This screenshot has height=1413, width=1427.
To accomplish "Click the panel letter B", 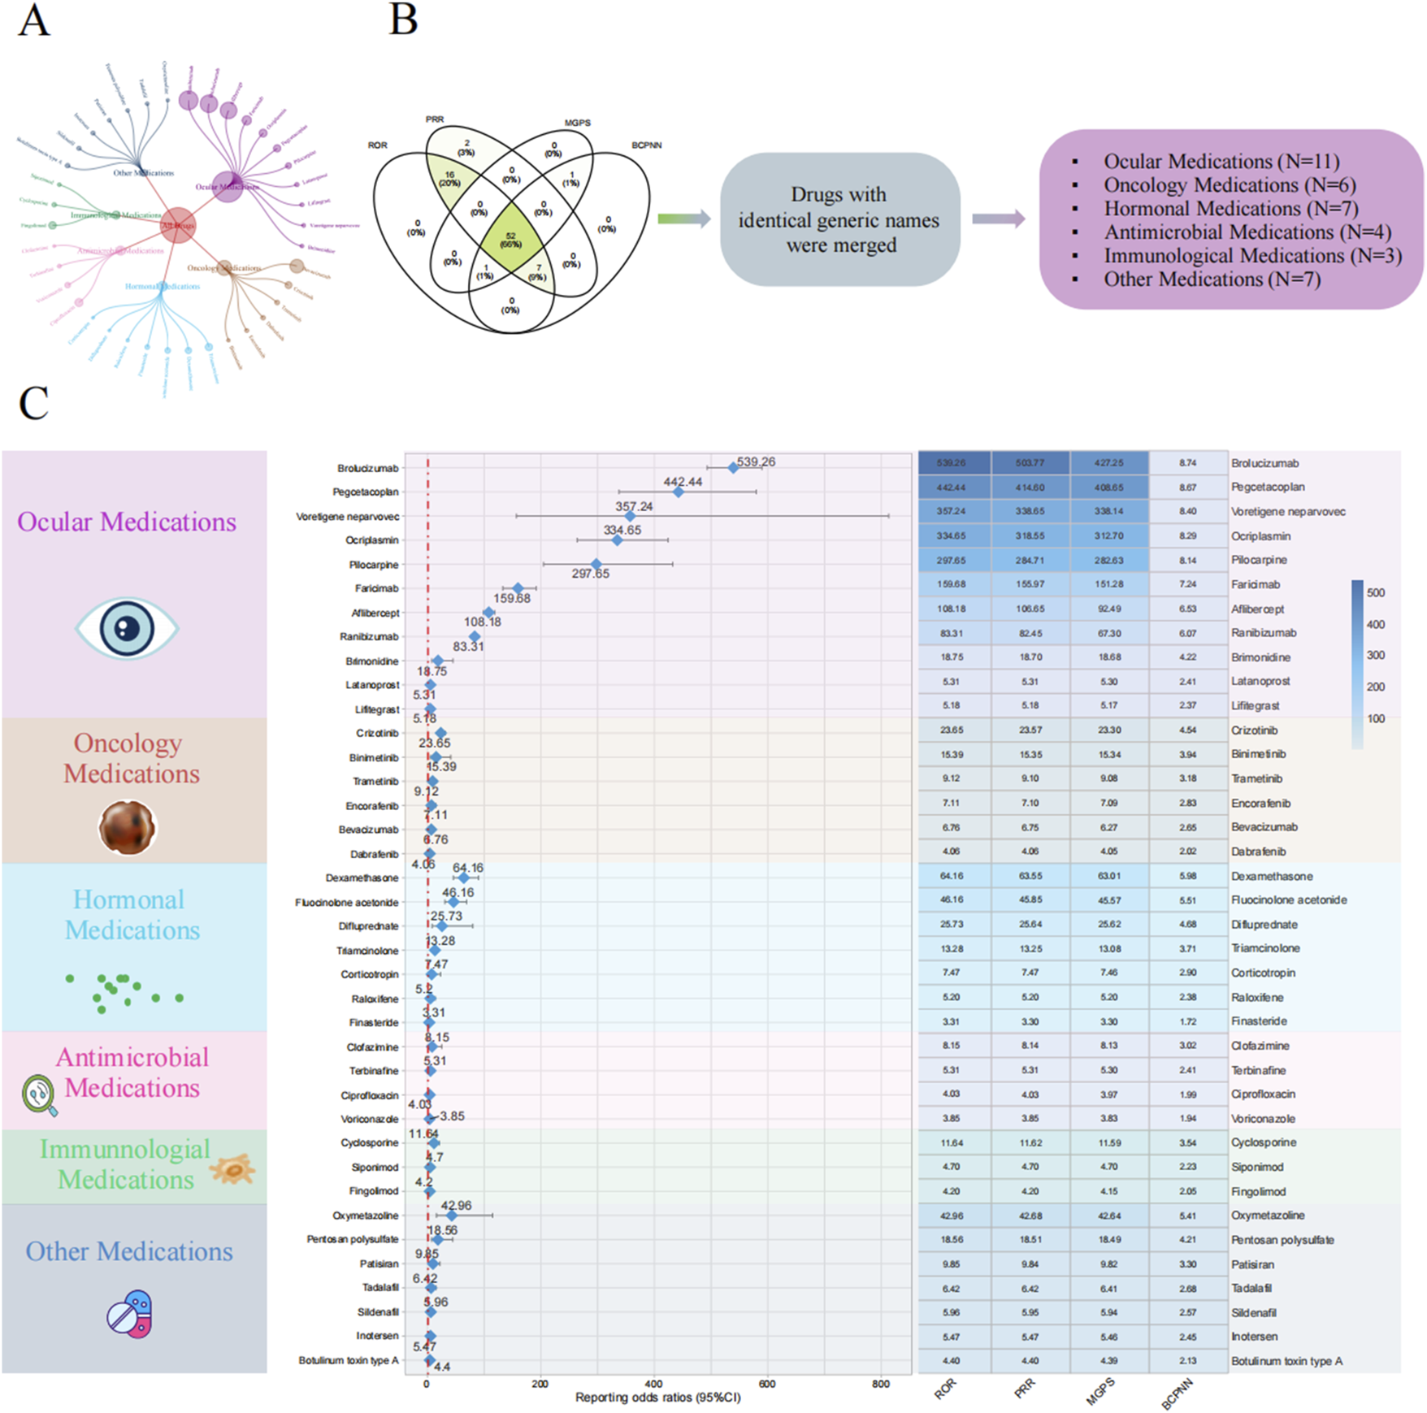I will [x=403, y=19].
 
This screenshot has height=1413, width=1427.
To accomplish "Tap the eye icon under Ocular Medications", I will [x=127, y=628].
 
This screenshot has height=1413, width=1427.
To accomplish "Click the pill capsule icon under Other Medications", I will [x=130, y=1313].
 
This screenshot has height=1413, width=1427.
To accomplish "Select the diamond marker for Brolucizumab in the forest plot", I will [x=733, y=467].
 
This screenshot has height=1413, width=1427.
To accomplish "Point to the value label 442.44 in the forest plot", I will [x=683, y=482].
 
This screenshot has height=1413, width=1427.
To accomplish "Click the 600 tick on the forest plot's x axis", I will [x=766, y=1383].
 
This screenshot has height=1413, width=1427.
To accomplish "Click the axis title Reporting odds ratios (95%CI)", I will [x=657, y=1398].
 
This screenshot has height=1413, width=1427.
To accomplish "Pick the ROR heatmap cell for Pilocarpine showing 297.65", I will [x=952, y=560].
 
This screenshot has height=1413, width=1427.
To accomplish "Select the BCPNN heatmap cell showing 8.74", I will [x=1187, y=462].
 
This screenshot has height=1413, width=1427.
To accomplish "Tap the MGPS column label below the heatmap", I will [x=1100, y=1392].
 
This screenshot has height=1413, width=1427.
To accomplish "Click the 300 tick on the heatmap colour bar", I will [x=1375, y=655].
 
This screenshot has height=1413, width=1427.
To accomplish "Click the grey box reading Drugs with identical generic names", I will [x=839, y=219].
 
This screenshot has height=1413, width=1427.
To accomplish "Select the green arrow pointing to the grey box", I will [x=683, y=218].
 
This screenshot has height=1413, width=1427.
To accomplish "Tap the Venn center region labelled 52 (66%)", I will [x=510, y=240].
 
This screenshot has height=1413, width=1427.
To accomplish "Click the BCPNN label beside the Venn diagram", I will [x=647, y=145].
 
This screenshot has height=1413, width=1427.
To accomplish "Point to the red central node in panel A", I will [x=177, y=225].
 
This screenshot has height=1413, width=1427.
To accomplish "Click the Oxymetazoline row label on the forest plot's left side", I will [x=365, y=1216].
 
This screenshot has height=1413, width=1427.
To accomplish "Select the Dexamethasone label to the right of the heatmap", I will [x=1271, y=876].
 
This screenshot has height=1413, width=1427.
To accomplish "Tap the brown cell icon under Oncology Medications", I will [x=127, y=827].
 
